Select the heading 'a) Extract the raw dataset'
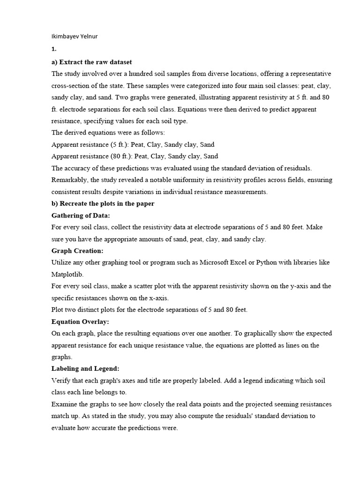(91, 62)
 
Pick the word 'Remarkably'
(69, 180)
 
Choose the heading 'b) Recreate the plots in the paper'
(103, 203)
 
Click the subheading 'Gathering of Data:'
(81, 215)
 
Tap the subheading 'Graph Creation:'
(77, 251)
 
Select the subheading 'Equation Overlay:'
(79, 322)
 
